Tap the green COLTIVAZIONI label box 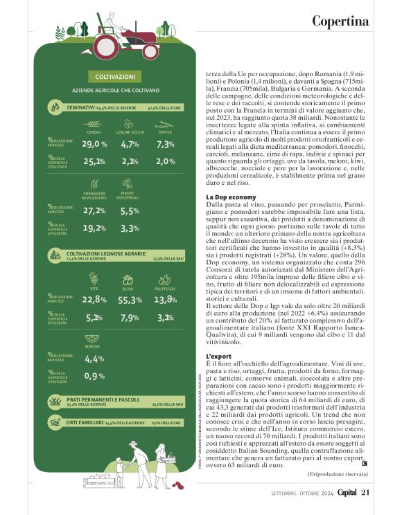(115, 76)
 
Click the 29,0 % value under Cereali (94, 144)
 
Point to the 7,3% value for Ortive (165, 144)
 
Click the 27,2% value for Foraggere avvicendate (94, 210)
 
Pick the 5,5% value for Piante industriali (130, 210)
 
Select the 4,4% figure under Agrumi (94, 359)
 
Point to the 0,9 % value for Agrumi (94, 376)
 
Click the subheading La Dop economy (231, 197)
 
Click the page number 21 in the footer (366, 492)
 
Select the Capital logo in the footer (342, 492)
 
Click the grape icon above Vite (94, 280)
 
